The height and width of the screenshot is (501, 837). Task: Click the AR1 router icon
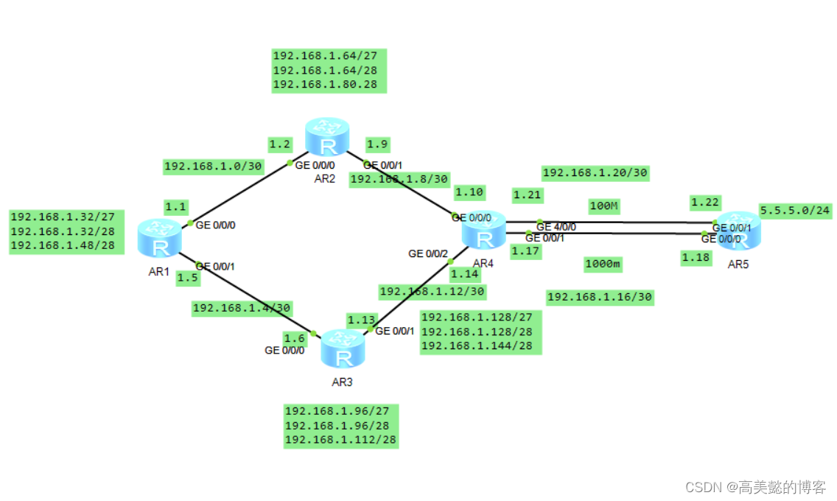coord(159,238)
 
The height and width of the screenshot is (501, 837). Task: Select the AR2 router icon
coord(327,137)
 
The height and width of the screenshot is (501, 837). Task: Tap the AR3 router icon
coord(343,349)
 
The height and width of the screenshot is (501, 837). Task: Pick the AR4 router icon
coord(483,231)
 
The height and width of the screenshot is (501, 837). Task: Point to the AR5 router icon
coord(739,231)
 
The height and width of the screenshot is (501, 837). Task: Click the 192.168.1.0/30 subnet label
coord(213,167)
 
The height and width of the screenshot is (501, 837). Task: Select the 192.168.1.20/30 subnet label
coord(595,173)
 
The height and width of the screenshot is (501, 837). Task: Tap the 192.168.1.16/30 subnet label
coord(600,297)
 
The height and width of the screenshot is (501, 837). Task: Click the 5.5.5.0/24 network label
coord(795,210)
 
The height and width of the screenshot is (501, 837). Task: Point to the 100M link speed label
coord(603,206)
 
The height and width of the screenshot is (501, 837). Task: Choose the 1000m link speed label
coord(603,264)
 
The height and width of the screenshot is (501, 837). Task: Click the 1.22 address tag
coord(705,202)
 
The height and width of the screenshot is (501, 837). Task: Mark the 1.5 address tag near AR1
coord(188,278)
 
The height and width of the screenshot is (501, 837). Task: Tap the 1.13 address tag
coord(361,320)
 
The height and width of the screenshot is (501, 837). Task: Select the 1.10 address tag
coord(469,192)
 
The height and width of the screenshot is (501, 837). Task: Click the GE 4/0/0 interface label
coord(556,227)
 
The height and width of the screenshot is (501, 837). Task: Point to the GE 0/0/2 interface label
coord(428,254)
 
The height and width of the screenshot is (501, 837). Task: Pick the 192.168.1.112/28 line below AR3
coord(340,440)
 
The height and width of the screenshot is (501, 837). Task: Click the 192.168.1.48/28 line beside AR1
coord(63,245)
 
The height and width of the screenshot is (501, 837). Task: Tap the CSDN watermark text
coord(755,487)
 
